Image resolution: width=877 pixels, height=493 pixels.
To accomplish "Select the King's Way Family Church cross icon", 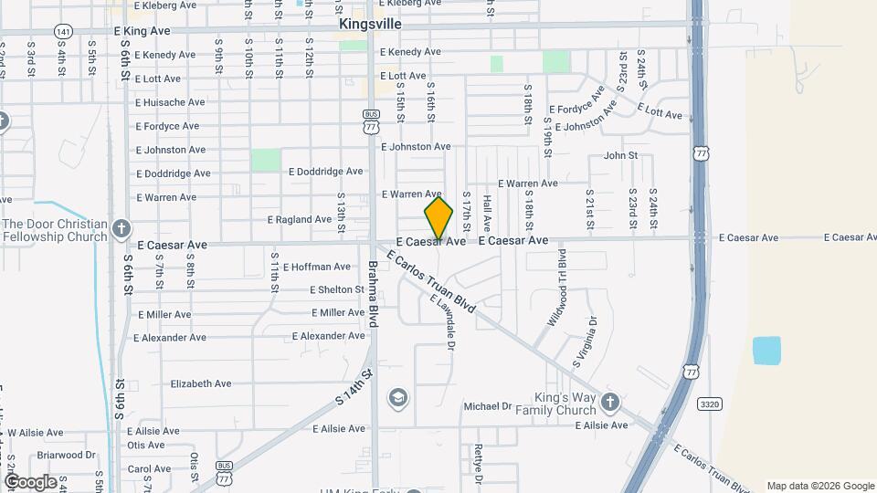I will [610, 402].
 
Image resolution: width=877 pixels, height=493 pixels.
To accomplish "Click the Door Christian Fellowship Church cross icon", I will [122, 227].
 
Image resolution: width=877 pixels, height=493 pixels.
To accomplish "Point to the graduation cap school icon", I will [397, 397].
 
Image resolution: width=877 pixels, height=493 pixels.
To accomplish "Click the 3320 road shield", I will [709, 403].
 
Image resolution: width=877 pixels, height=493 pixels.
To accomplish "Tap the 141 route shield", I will [62, 31].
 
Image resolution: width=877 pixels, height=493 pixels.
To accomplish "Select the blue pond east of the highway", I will [766, 351].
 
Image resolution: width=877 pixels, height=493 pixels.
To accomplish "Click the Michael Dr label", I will [487, 406].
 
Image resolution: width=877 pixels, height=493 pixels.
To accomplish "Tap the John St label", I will [620, 156].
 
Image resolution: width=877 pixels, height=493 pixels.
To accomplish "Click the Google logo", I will [29, 482].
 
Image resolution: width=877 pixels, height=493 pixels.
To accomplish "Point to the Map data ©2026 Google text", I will [819, 486].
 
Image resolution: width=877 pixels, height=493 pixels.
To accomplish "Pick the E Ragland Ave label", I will [299, 220].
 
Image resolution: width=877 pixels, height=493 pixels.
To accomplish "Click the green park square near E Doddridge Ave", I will [266, 160].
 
